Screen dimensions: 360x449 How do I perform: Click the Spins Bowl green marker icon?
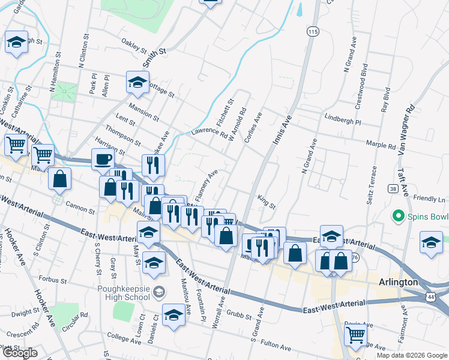tap(397, 215)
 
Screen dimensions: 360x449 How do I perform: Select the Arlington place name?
tap(397, 282)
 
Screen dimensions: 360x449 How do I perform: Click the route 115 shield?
tap(312, 31)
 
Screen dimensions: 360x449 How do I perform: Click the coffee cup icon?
tap(103, 160)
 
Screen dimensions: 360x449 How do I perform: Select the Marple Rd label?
tap(382, 145)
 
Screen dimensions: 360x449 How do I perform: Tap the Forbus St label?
tap(50, 279)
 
